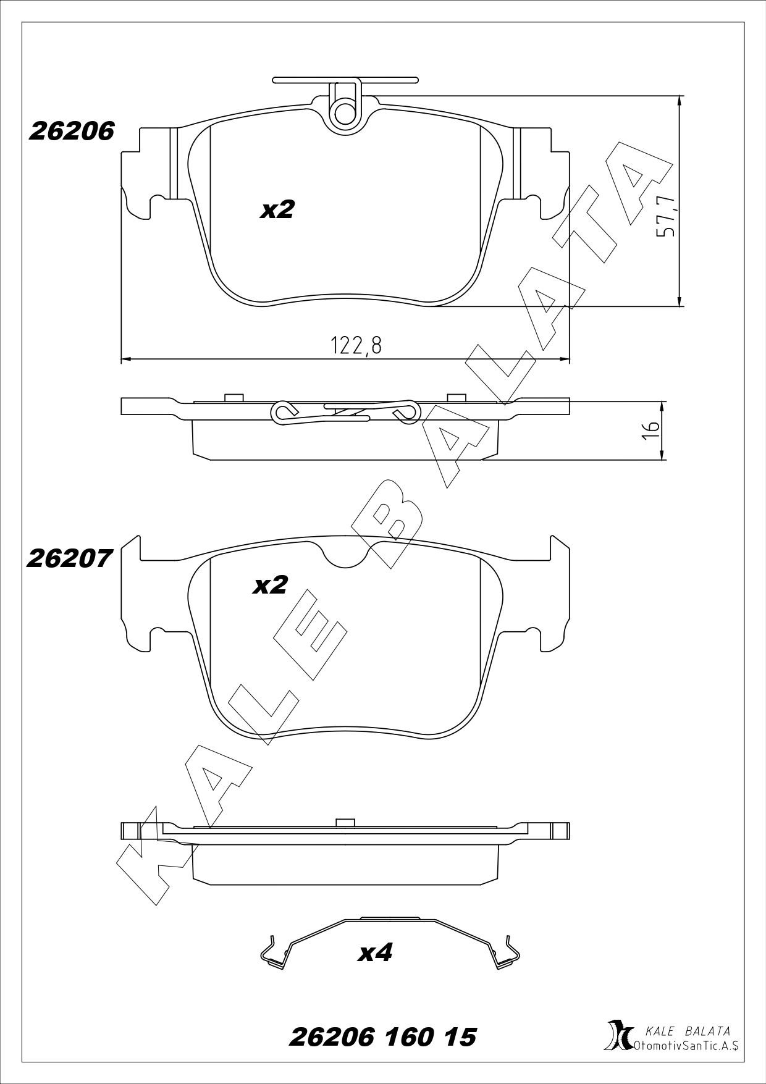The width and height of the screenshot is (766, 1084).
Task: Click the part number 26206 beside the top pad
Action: tap(72, 131)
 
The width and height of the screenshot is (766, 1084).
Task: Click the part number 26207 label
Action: tap(70, 559)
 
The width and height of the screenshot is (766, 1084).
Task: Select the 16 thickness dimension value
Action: tap(650, 430)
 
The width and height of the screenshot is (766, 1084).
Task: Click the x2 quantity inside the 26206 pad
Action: tap(277, 210)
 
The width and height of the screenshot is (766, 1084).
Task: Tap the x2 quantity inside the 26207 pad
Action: tap(271, 585)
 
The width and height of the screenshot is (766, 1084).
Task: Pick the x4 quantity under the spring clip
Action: tap(376, 953)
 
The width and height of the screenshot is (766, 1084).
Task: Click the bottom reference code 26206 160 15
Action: tap(383, 1037)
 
